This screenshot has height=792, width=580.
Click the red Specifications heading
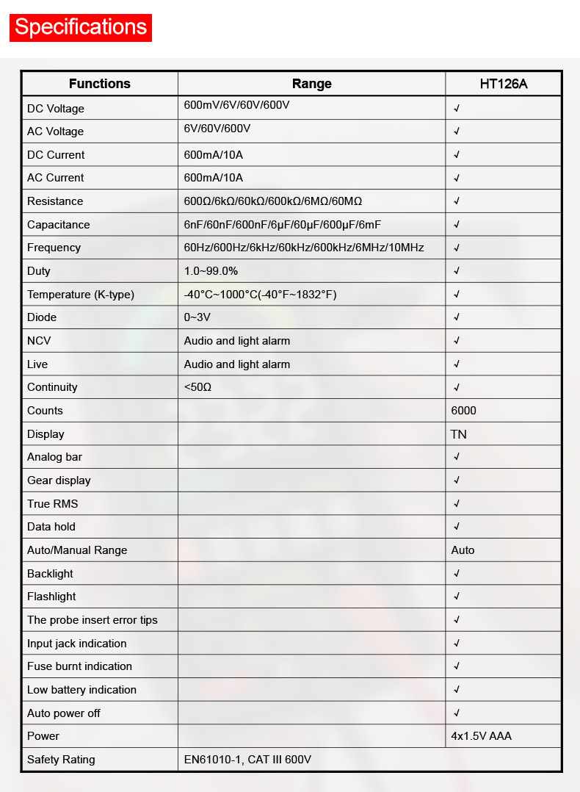tap(81, 27)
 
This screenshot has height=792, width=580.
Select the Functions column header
tap(100, 84)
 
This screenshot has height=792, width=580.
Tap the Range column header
tap(311, 84)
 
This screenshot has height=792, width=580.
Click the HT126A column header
tap(504, 84)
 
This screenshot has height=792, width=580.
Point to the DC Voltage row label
tap(56, 109)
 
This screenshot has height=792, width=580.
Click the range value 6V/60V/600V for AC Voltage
tap(217, 129)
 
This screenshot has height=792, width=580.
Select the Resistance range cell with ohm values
tap(273, 201)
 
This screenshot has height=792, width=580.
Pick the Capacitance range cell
tap(283, 225)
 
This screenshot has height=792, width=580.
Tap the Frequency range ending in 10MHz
tap(304, 248)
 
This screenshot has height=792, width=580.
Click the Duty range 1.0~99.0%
tap(211, 271)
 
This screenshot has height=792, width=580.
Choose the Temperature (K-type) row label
tap(81, 295)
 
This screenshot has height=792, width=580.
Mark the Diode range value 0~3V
tap(198, 317)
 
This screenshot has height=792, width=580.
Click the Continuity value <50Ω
tap(197, 387)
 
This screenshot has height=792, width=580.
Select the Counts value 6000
tap(464, 411)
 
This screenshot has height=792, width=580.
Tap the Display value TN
tap(459, 434)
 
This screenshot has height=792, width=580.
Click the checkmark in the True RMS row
tap(457, 504)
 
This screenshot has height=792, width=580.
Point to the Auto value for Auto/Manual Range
tap(463, 550)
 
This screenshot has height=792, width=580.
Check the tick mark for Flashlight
tap(457, 597)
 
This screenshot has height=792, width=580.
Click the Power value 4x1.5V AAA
tap(481, 736)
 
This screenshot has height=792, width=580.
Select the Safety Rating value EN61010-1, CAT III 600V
tap(247, 760)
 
